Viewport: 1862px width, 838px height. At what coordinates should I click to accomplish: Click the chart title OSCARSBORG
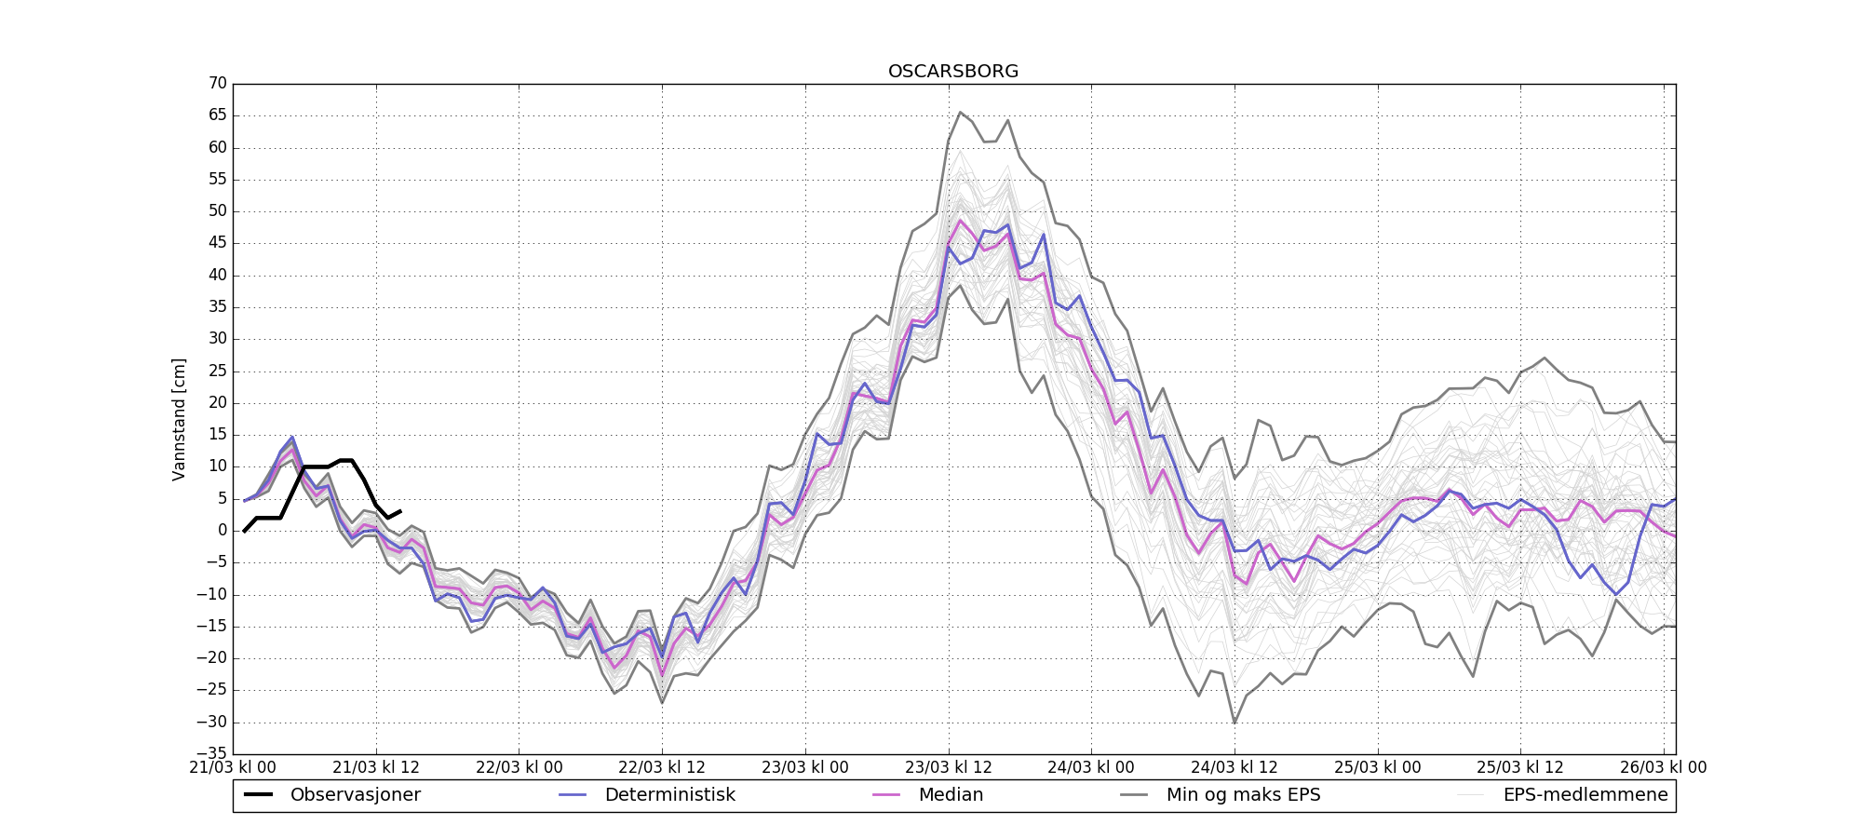pyautogui.click(x=953, y=72)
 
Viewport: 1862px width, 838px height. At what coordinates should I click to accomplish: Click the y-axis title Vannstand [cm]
pyautogui.click(x=179, y=419)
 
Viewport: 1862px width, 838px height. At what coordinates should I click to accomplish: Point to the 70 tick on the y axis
pyautogui.click(x=217, y=84)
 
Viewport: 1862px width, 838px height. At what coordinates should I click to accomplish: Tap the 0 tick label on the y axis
pyautogui.click(x=222, y=531)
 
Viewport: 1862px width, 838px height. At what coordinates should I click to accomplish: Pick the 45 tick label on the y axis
pyautogui.click(x=217, y=243)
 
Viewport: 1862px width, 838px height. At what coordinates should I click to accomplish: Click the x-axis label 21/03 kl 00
pyautogui.click(x=233, y=768)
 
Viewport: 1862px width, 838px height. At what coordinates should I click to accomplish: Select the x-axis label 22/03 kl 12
pyautogui.click(x=662, y=768)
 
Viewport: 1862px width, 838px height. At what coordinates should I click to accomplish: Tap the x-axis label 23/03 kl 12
pyautogui.click(x=949, y=768)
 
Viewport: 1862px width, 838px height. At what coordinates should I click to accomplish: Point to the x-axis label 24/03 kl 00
pyautogui.click(x=1091, y=768)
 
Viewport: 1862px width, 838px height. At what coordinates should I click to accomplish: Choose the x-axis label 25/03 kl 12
pyautogui.click(x=1520, y=768)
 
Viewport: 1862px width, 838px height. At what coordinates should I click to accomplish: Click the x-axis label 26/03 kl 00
pyautogui.click(x=1664, y=768)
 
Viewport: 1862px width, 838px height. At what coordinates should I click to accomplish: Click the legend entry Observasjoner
pyautogui.click(x=355, y=795)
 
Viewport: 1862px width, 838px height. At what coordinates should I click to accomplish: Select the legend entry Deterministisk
pyautogui.click(x=669, y=795)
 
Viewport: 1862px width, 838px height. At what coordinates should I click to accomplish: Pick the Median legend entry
pyautogui.click(x=951, y=795)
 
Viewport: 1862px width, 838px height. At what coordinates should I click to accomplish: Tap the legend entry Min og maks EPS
pyautogui.click(x=1243, y=795)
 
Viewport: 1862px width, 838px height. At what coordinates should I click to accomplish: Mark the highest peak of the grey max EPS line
pyautogui.click(x=960, y=113)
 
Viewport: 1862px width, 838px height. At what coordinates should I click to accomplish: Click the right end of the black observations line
pyautogui.click(x=400, y=510)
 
